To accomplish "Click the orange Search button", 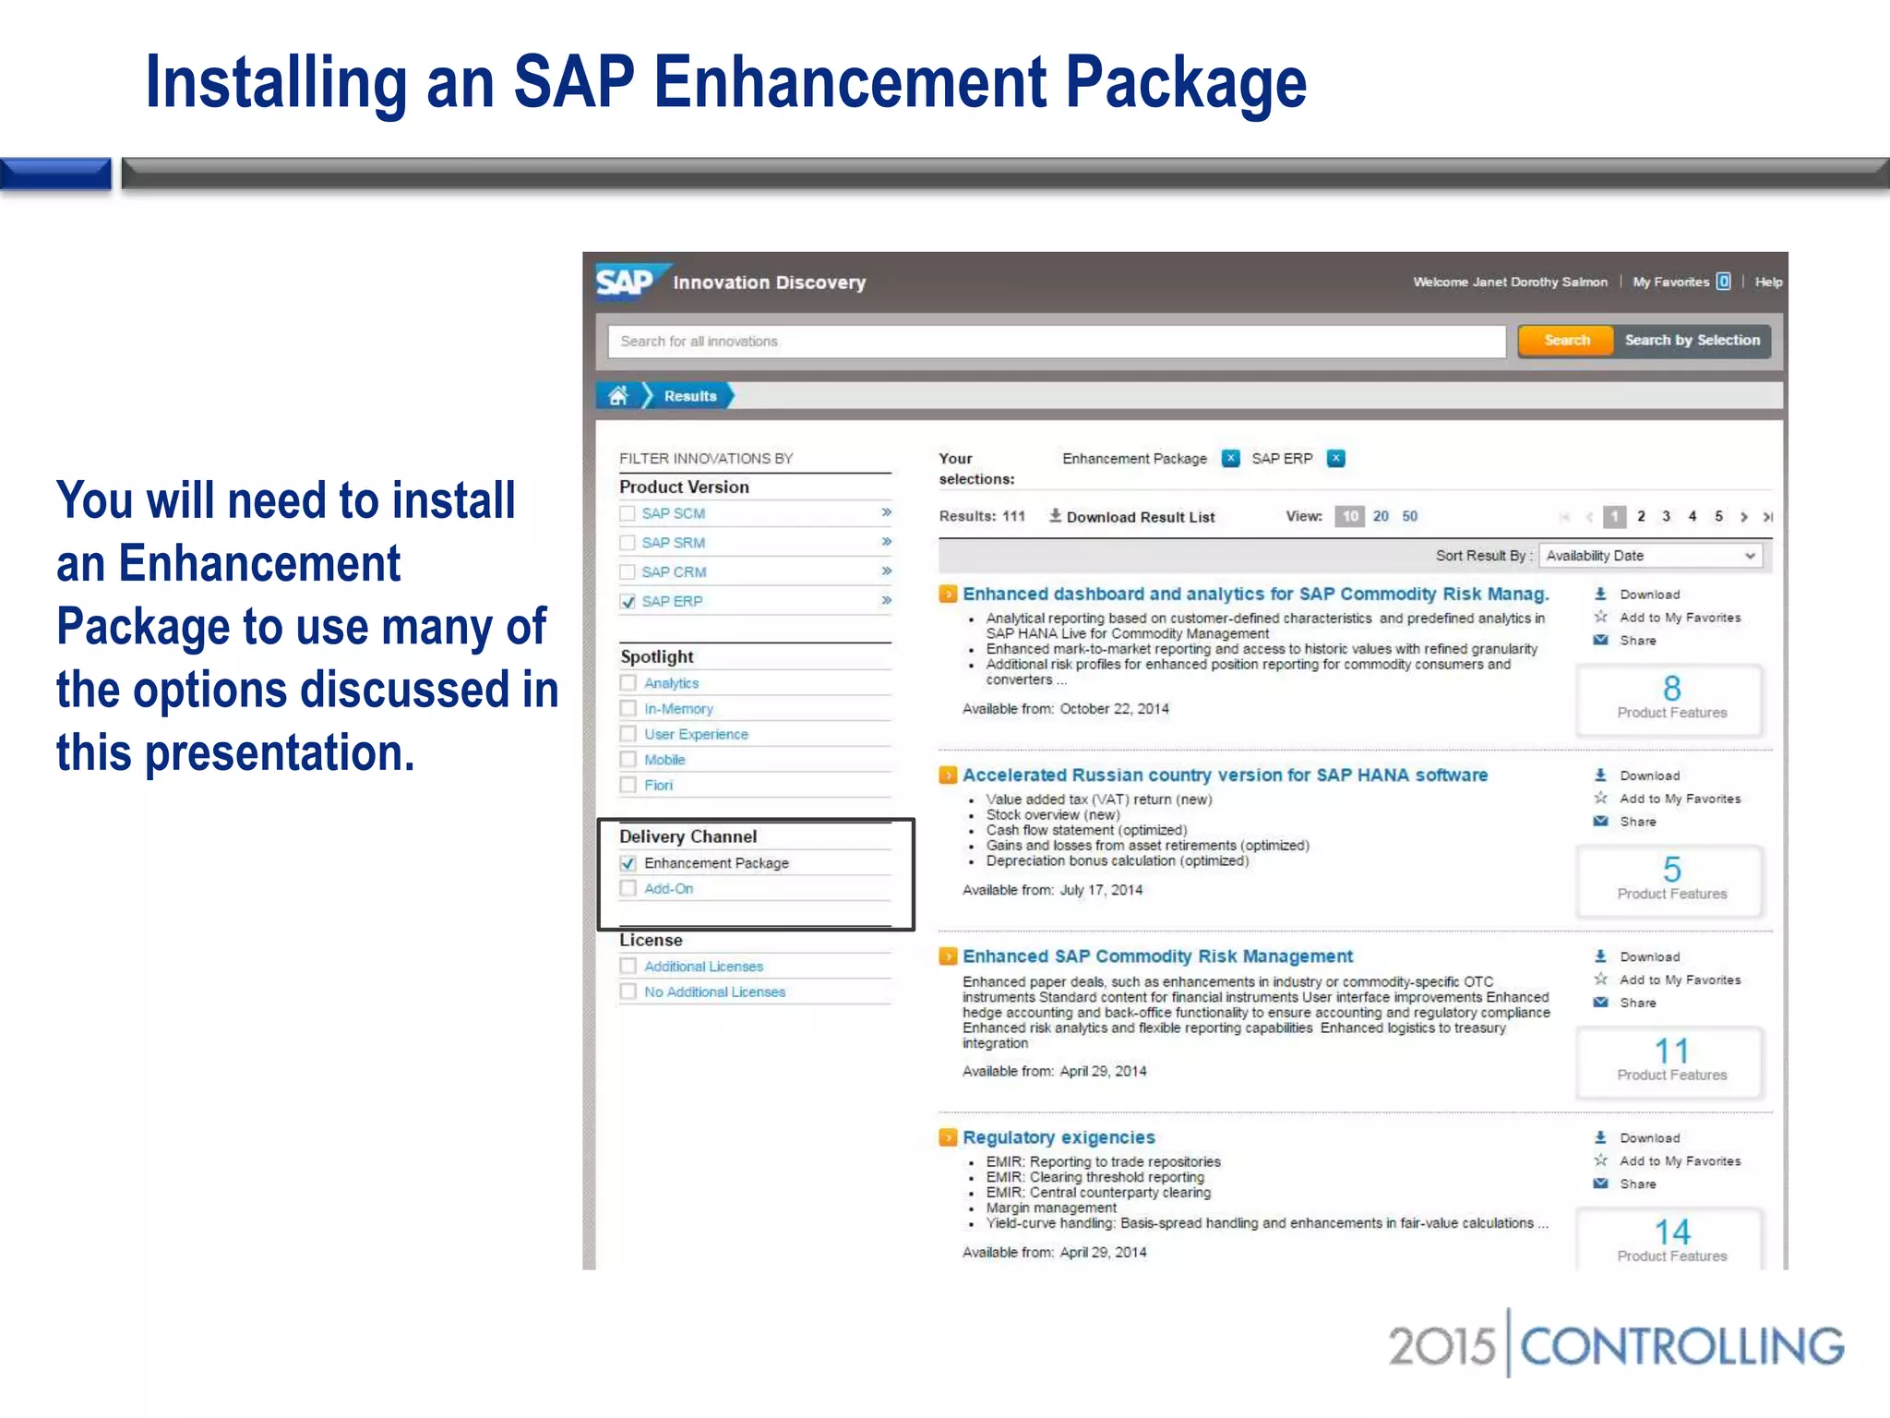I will click(x=1566, y=341).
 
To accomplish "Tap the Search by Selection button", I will click(x=1692, y=341).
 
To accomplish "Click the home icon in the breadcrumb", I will click(x=618, y=396).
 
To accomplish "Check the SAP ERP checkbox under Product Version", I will click(x=628, y=602).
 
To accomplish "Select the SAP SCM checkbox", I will click(x=628, y=513).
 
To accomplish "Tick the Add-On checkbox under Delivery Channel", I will click(x=628, y=888).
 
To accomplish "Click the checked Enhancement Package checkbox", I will click(x=628, y=863).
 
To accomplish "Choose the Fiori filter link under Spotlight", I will click(x=658, y=785).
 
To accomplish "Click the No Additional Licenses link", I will click(x=714, y=991).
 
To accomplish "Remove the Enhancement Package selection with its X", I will click(x=1230, y=458).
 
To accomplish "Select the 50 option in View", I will click(x=1409, y=516).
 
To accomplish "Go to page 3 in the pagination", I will click(x=1667, y=516).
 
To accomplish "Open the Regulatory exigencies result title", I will click(x=1059, y=1137).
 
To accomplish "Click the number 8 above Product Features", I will click(x=1671, y=689).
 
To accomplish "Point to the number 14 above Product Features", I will click(x=1671, y=1232).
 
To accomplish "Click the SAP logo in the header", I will click(x=625, y=282).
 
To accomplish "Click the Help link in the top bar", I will click(x=1768, y=282).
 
